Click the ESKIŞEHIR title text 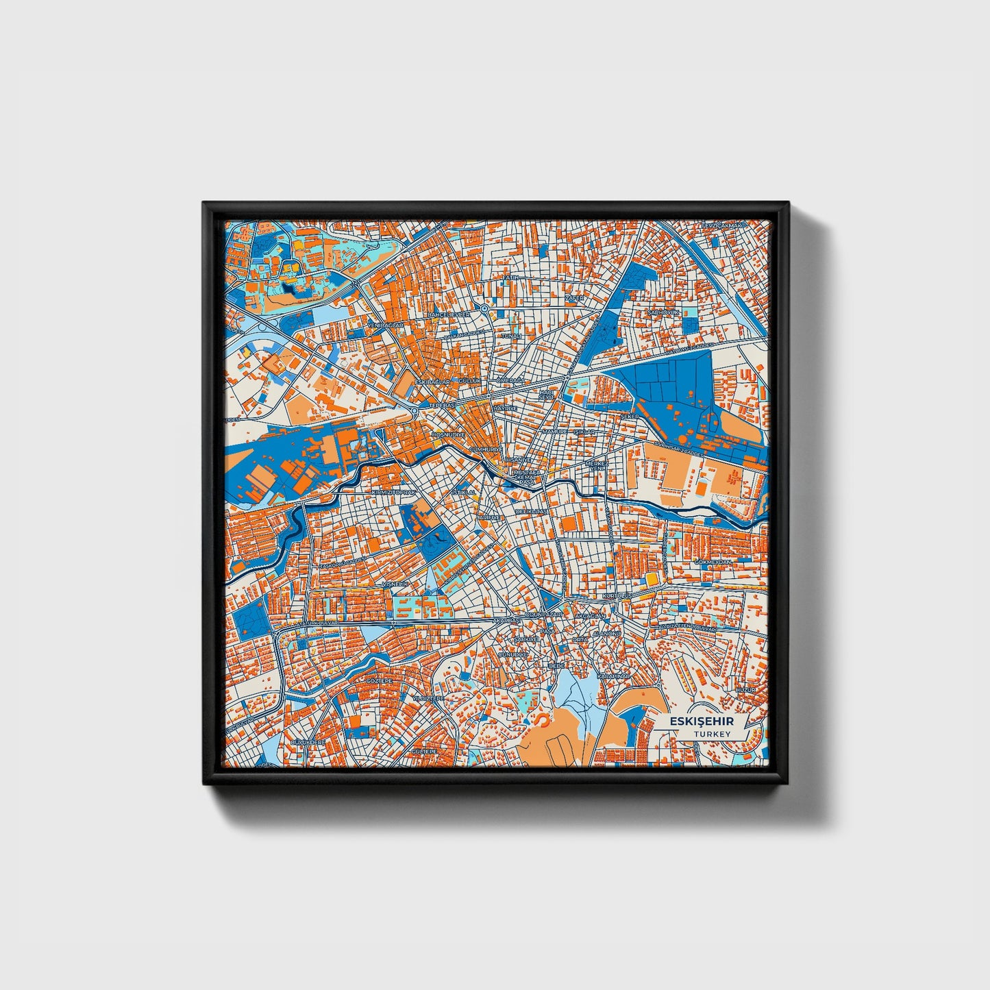click(701, 721)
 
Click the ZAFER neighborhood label click(574, 299)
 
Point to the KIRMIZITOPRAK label click(393, 493)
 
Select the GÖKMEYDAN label click(713, 562)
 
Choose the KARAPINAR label click(613, 676)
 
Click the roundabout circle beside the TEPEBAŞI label click(415, 411)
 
